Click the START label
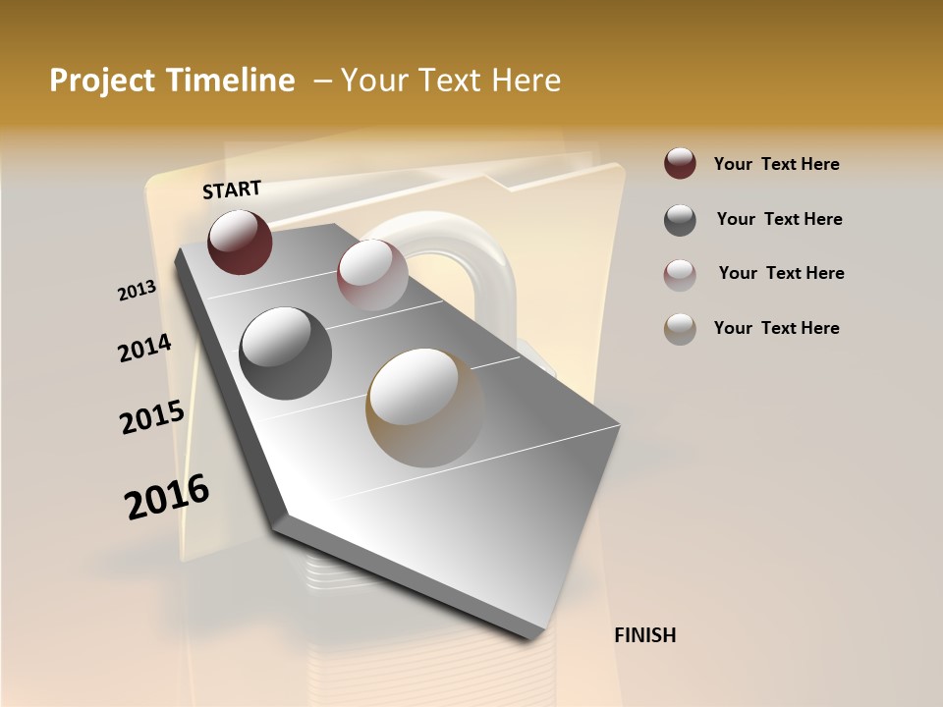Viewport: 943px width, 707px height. (232, 190)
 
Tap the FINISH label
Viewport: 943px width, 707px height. (644, 635)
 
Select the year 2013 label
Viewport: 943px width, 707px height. (137, 291)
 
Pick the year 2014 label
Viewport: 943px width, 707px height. (144, 349)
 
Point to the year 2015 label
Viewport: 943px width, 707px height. (152, 417)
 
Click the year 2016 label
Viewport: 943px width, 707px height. (167, 497)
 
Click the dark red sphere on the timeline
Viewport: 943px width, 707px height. (240, 242)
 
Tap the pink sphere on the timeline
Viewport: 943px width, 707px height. (372, 275)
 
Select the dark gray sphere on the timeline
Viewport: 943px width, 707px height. (286, 353)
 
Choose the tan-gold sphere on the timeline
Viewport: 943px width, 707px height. (425, 408)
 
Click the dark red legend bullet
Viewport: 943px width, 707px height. (680, 164)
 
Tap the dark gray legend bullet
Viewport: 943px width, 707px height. (680, 220)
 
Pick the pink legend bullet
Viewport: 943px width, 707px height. (680, 274)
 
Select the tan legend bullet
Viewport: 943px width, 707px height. (680, 329)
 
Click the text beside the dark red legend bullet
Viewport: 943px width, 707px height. (776, 164)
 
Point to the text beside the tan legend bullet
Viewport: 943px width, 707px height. (776, 328)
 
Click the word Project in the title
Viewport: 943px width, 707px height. (102, 81)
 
